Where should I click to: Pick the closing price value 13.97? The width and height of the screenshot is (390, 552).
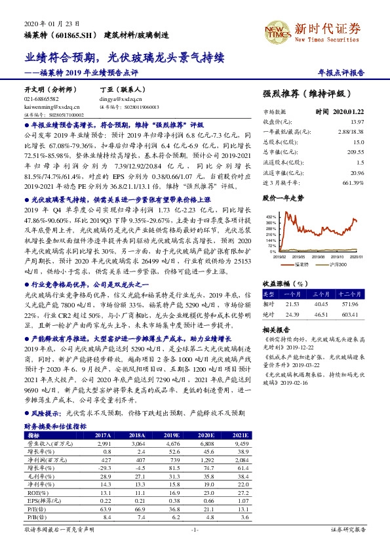(x=357, y=122)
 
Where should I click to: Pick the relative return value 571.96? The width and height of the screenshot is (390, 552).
(x=353, y=305)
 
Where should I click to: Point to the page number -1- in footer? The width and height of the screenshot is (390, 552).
(x=195, y=528)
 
